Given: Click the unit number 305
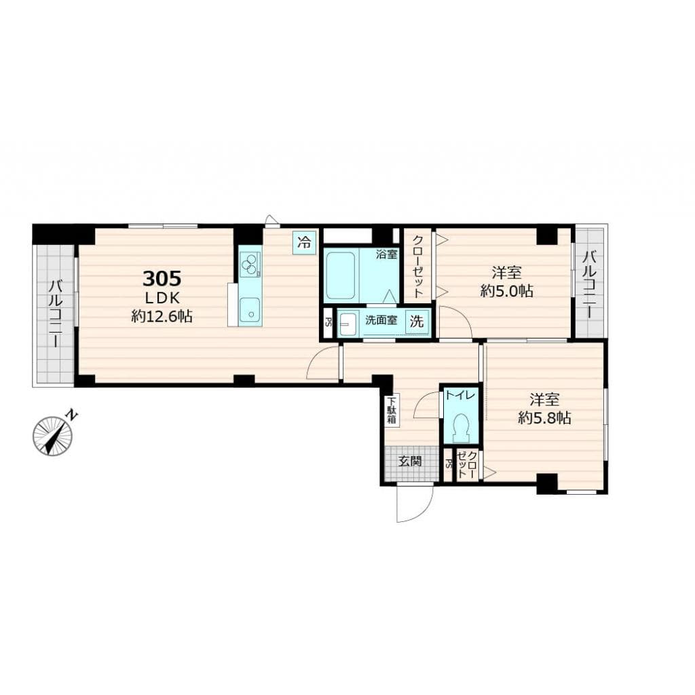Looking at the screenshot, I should click(x=162, y=278).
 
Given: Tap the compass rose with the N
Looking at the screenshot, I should click(x=53, y=436).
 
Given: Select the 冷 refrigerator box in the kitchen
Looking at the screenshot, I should click(x=305, y=242).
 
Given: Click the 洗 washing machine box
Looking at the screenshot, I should click(x=417, y=322).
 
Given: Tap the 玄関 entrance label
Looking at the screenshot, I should click(x=410, y=462).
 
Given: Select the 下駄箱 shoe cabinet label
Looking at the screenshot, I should click(x=392, y=411).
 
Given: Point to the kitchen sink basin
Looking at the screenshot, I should click(x=250, y=309).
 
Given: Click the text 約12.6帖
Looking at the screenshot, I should click(x=162, y=316).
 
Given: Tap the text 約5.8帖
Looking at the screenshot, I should click(x=544, y=418).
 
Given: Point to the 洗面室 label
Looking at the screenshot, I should click(x=381, y=322).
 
